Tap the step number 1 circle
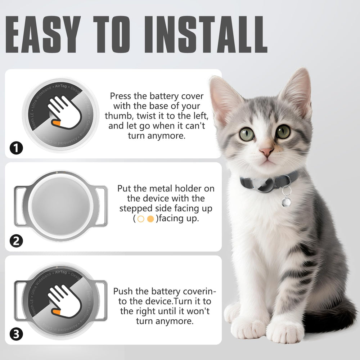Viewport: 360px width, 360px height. [16, 148]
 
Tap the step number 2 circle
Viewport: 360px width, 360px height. [16, 241]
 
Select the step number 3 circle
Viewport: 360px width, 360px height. [16, 334]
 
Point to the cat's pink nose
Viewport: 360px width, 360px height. [266, 152]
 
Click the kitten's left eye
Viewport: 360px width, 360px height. [247, 134]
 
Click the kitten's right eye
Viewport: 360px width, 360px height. [283, 131]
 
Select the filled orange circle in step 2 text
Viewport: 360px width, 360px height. [151, 219]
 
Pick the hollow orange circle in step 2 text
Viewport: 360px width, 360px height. [140, 219]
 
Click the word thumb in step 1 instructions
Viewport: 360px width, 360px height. [117, 116]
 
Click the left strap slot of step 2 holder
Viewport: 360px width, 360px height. [21, 206]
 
